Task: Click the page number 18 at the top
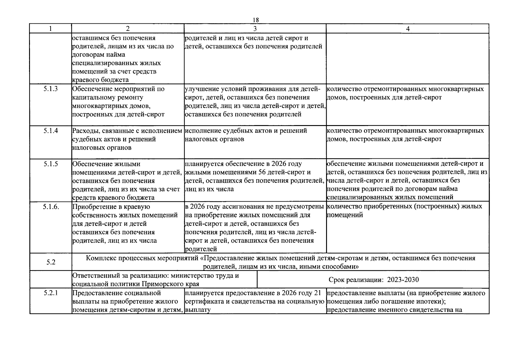click(256, 20)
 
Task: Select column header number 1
click(50, 29)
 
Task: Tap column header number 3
click(255, 29)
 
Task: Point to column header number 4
click(408, 29)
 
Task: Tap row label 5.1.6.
click(51, 206)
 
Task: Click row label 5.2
click(51, 262)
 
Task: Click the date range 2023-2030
click(403, 280)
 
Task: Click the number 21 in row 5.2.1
click(317, 293)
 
